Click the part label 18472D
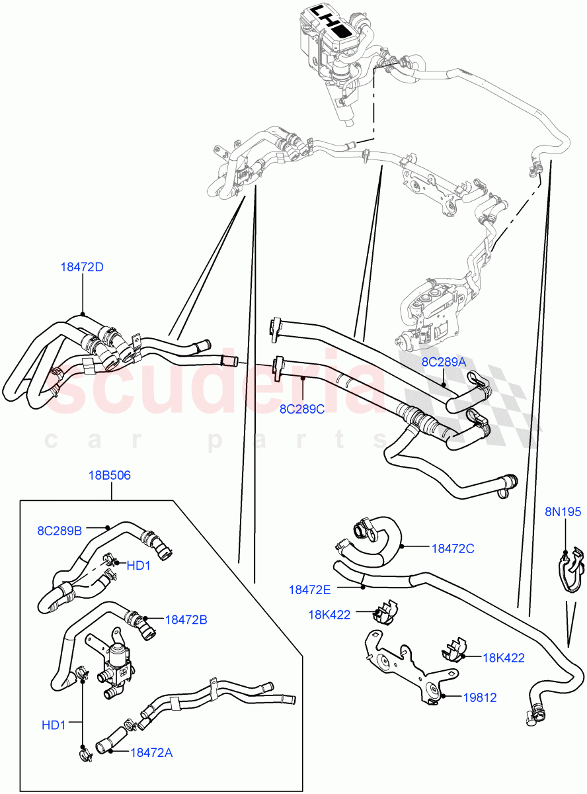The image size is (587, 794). tap(82, 267)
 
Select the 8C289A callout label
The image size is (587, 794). tap(444, 362)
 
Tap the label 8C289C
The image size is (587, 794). tap(301, 409)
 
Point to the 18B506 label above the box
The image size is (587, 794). tap(110, 475)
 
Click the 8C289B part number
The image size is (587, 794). tap(59, 530)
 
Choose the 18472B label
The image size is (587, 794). tap(186, 620)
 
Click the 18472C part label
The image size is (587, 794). tap(453, 548)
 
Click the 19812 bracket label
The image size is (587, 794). tap(479, 697)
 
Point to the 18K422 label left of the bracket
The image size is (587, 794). tap(329, 614)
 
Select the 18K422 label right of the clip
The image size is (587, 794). tap(503, 658)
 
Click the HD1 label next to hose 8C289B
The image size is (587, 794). tap(139, 566)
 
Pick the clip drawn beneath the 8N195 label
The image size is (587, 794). tap(568, 569)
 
